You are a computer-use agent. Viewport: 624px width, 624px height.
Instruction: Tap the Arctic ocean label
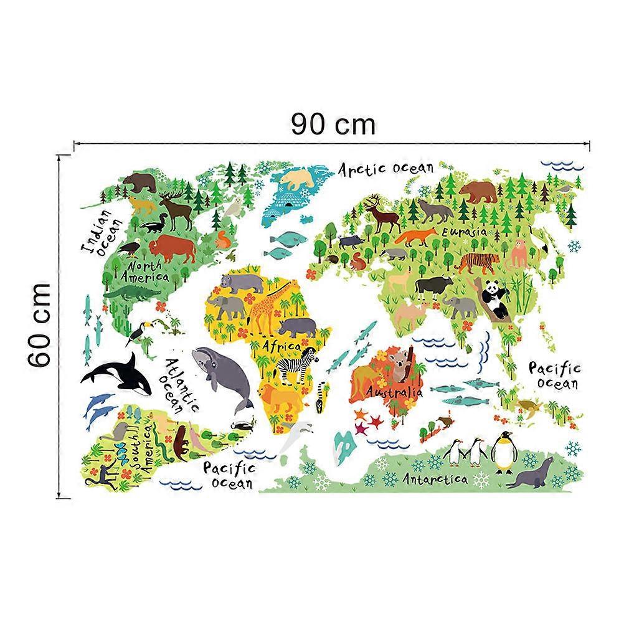pos(385,168)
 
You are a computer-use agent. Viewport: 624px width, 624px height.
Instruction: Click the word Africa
pos(281,345)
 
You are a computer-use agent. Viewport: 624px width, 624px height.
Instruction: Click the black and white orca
pos(118,374)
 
